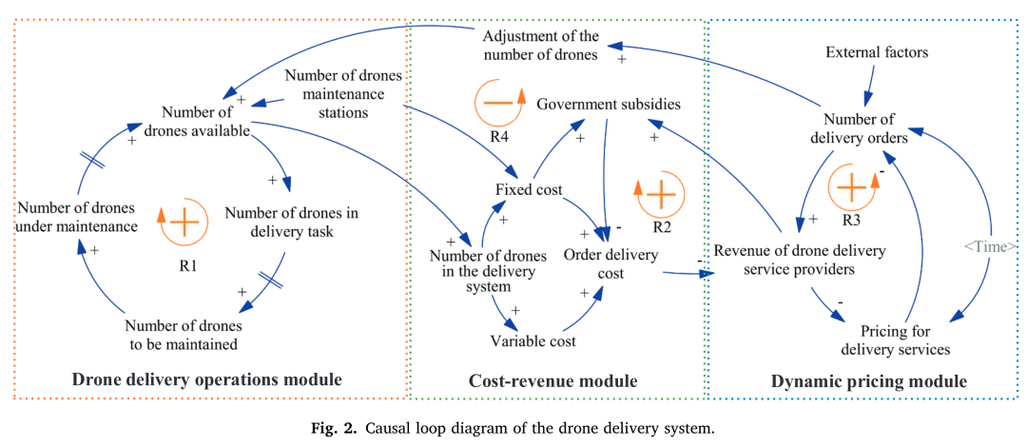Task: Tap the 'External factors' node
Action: click(x=877, y=52)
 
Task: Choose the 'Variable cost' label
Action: click(x=533, y=341)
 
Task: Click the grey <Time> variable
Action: click(x=990, y=246)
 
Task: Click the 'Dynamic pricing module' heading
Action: click(x=868, y=380)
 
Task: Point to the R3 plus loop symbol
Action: click(x=851, y=188)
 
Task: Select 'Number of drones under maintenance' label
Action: click(x=78, y=218)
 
